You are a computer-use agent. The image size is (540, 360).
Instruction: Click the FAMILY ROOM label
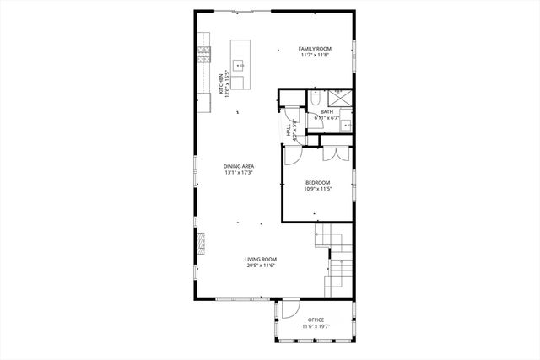314,49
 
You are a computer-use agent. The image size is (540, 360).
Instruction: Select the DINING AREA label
239,166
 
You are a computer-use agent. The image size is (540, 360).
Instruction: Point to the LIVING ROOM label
261,259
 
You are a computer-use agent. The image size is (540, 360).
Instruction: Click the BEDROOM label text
317,182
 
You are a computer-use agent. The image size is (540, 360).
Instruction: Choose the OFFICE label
316,320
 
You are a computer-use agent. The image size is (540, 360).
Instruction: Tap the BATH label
325,111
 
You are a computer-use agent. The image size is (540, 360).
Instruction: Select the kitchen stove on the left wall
203,55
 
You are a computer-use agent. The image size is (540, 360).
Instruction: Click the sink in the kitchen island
238,65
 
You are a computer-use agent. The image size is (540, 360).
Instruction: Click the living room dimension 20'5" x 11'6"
261,266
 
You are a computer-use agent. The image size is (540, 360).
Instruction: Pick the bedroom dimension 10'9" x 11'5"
317,189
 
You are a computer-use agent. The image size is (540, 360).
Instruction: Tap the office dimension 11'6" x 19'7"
316,326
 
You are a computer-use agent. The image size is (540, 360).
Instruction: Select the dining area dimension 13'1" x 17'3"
239,173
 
